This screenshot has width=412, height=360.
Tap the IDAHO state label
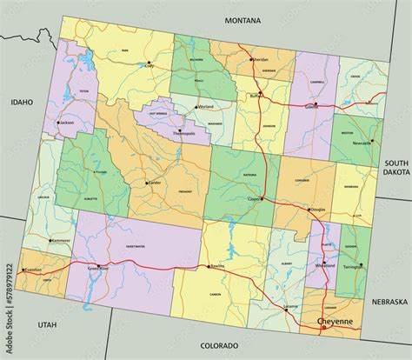click(21, 102)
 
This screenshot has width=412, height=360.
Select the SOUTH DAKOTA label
click(396, 168)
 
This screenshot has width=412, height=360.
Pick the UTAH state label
click(45, 323)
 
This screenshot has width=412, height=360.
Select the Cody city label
click(149, 65)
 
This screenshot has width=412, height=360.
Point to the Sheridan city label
click(261, 60)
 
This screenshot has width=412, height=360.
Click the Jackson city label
click(66, 123)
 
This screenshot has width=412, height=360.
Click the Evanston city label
click(34, 270)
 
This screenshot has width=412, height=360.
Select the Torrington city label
click(354, 266)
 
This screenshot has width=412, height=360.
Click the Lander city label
click(155, 183)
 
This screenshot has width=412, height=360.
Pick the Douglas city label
click(317, 210)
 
